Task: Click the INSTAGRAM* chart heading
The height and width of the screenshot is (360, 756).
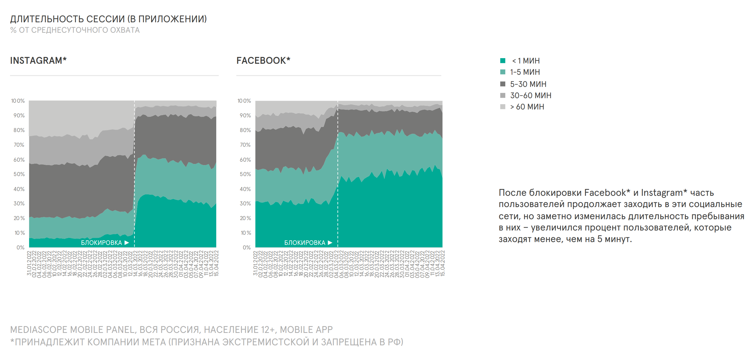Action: tap(38, 60)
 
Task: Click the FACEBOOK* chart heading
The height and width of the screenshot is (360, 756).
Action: tap(263, 60)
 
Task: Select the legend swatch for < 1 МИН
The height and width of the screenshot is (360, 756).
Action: tap(502, 61)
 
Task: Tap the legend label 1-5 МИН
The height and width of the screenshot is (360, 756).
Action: tap(525, 72)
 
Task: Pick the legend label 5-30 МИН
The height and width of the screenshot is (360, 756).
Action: tap(528, 84)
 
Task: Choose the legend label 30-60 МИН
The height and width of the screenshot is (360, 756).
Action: tap(531, 95)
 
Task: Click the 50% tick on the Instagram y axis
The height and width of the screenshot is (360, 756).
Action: tap(19, 174)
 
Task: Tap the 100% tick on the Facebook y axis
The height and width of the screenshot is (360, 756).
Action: tap(244, 101)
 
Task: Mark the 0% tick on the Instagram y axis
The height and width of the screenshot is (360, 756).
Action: tap(21, 247)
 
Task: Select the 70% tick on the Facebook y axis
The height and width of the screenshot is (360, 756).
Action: tap(245, 145)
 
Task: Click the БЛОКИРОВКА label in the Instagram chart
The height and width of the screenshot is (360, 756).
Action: tap(101, 243)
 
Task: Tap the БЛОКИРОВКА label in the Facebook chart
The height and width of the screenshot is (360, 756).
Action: tap(305, 243)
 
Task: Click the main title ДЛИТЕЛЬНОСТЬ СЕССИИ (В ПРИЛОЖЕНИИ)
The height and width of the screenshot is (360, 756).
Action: tap(108, 19)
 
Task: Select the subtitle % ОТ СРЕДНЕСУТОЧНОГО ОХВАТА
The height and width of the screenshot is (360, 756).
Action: tap(75, 30)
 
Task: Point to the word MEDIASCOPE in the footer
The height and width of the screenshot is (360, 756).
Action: tap(39, 330)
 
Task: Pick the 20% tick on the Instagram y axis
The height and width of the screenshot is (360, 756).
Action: tap(19, 218)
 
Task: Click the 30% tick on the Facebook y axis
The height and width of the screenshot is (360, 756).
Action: tap(245, 203)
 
